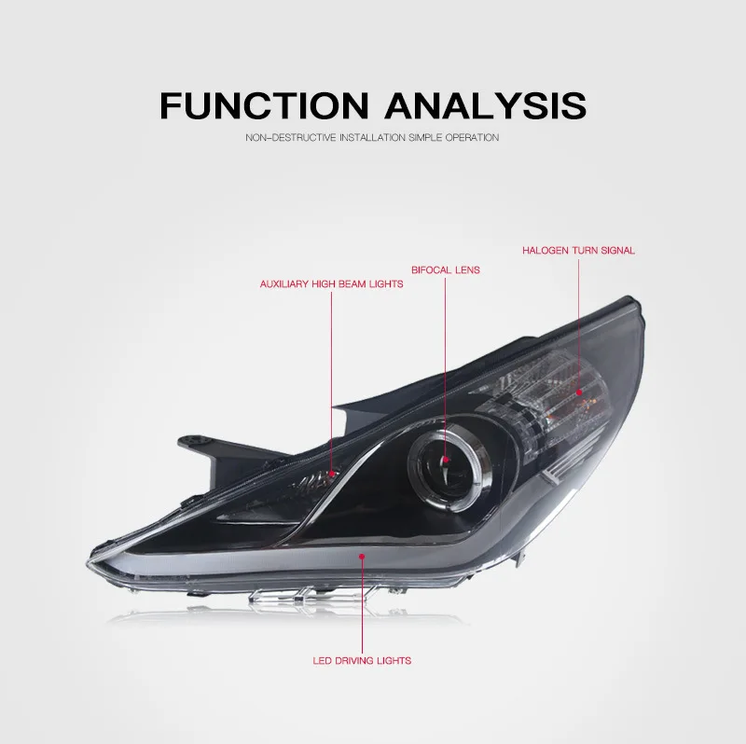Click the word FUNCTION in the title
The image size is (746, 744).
pyautogui.click(x=264, y=104)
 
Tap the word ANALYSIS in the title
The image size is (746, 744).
pyautogui.click(x=485, y=104)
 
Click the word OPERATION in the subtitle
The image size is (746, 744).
pyautogui.click(x=472, y=138)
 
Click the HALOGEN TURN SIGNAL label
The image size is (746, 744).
pyautogui.click(x=578, y=251)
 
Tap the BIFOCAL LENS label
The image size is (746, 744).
pyautogui.click(x=446, y=270)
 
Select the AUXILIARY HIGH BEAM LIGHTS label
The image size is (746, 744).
pyautogui.click(x=332, y=284)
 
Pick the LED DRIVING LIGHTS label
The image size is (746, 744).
pyautogui.click(x=362, y=661)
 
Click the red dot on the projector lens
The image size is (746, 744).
pyautogui.click(x=446, y=460)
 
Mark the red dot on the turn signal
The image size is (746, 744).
pyautogui.click(x=579, y=393)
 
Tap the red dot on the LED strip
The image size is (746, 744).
pyautogui.click(x=362, y=556)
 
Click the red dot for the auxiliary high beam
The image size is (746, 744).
pyautogui.click(x=332, y=474)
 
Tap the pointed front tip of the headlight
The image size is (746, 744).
pyautogui.click(x=88, y=565)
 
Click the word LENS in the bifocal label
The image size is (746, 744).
pyautogui.click(x=468, y=270)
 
